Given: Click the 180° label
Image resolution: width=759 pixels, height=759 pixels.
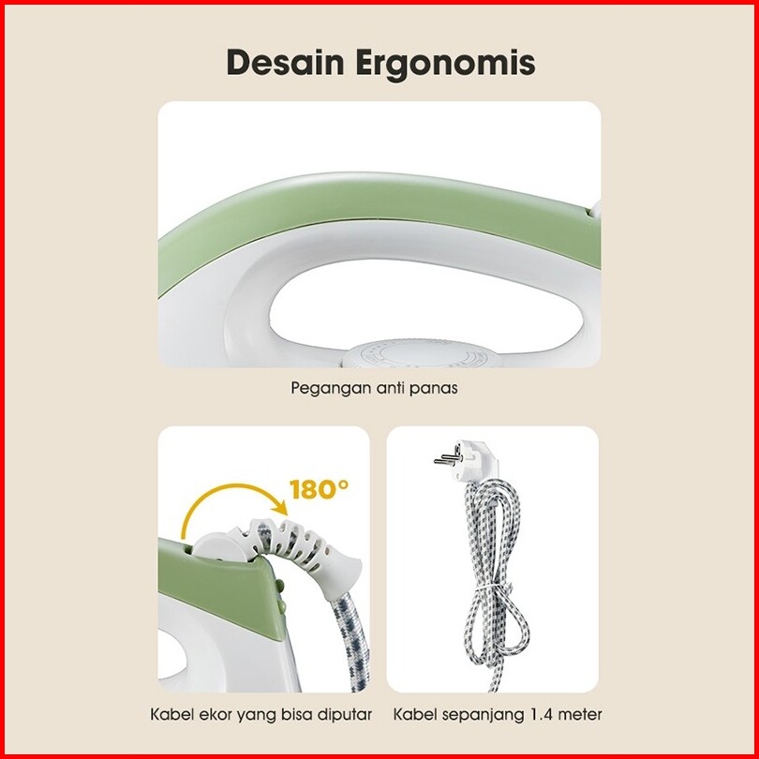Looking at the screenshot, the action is tap(319, 488).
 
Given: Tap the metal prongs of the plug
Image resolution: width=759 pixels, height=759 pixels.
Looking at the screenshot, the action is tap(442, 460).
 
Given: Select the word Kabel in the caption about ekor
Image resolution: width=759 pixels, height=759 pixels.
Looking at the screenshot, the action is tap(171, 714).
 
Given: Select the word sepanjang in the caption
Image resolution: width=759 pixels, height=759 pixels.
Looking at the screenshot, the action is tap(476, 714).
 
